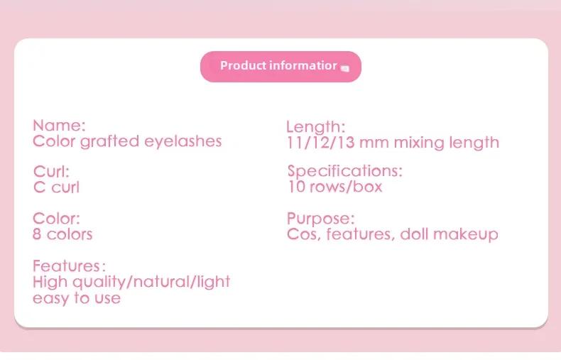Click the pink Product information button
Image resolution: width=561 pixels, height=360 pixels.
280,67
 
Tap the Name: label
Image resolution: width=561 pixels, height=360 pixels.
59,126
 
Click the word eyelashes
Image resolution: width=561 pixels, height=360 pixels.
183,142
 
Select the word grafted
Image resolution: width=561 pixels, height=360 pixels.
109,142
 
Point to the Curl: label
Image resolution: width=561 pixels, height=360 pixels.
51,172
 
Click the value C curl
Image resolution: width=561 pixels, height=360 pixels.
56,187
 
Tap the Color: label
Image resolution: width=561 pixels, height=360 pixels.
56,219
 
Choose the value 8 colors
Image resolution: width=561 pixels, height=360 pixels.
62,234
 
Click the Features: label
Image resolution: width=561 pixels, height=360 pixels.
69,266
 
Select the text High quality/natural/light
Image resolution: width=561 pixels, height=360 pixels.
131,282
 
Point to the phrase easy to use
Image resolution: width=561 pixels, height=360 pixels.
77,298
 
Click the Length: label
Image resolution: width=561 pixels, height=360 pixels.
315,127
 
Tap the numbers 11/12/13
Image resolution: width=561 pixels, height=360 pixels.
320,143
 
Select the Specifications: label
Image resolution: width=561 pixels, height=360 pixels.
345,171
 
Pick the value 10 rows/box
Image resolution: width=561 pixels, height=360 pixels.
335,187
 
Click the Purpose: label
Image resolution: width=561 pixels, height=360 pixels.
320,219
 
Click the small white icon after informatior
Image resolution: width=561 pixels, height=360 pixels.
345,68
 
